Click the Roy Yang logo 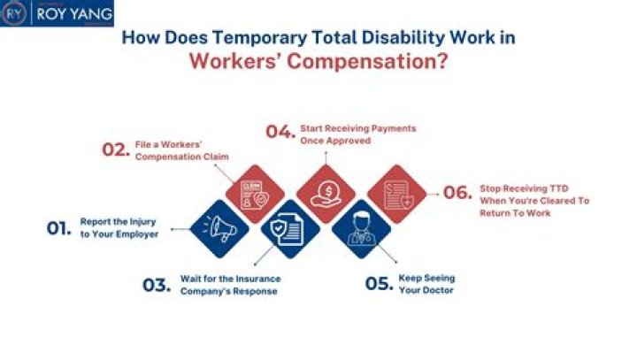pos(57,14)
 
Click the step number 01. pos(58,228)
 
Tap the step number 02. pos(115,149)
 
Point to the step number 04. pos(280,133)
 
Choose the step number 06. pos(457,193)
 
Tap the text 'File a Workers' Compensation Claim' pos(181,149)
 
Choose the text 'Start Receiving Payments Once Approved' pos(357,134)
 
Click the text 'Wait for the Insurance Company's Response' pos(229,284)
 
